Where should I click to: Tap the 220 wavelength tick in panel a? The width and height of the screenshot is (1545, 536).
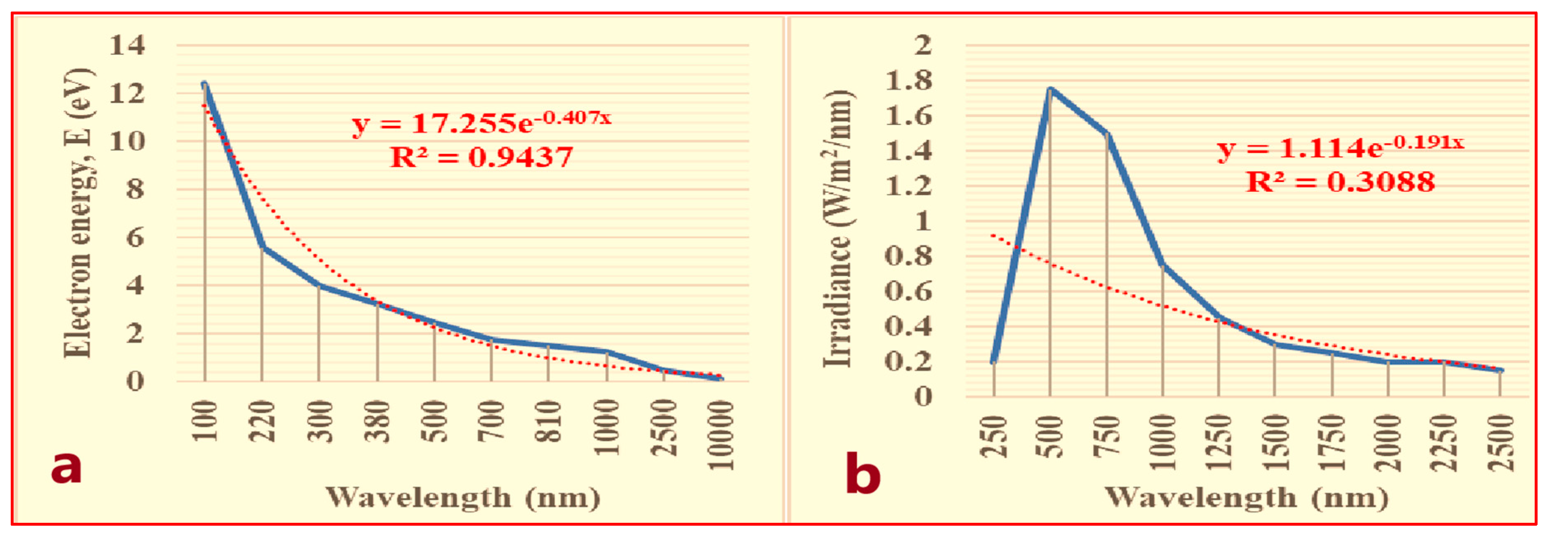(263, 421)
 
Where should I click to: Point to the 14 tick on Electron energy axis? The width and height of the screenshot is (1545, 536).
(127, 45)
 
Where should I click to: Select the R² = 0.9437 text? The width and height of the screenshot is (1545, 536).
(481, 158)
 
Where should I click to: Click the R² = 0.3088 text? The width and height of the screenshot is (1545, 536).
(1341, 182)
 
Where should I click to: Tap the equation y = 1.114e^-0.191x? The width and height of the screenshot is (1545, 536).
(1341, 147)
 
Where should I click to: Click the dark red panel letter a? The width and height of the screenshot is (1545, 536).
(66, 466)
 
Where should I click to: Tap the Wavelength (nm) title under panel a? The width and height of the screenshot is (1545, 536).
(462, 498)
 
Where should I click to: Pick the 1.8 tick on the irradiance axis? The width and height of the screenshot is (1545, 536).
(909, 80)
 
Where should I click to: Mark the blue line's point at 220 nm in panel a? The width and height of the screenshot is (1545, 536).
(262, 247)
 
